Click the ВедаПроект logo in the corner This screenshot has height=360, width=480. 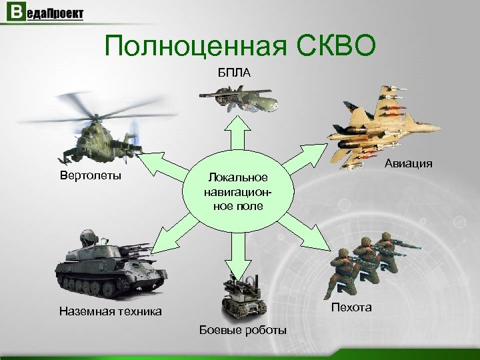[45, 14]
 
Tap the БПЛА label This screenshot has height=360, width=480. [234, 72]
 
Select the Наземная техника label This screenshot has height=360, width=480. [110, 311]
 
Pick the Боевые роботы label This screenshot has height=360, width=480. [243, 331]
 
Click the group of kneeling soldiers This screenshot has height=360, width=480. [363, 263]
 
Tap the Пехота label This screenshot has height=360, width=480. [351, 307]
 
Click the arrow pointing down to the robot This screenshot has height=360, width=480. [233, 250]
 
